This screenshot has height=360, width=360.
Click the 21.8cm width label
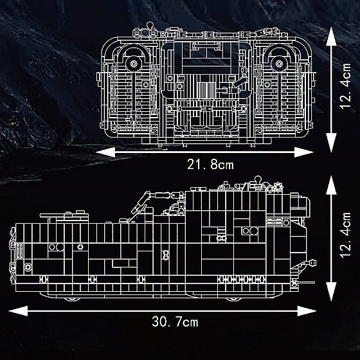210,165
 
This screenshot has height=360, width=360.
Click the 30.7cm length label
175,321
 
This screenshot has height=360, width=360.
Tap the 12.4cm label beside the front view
345,86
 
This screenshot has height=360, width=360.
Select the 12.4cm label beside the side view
345,235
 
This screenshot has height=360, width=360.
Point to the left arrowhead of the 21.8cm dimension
105,152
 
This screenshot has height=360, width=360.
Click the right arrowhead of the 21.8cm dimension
304,152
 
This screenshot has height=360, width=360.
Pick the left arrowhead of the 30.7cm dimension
18,311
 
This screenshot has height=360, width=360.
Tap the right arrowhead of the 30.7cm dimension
307,311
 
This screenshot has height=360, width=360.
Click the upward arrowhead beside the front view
331,36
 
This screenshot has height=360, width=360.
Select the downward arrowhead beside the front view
331,143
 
